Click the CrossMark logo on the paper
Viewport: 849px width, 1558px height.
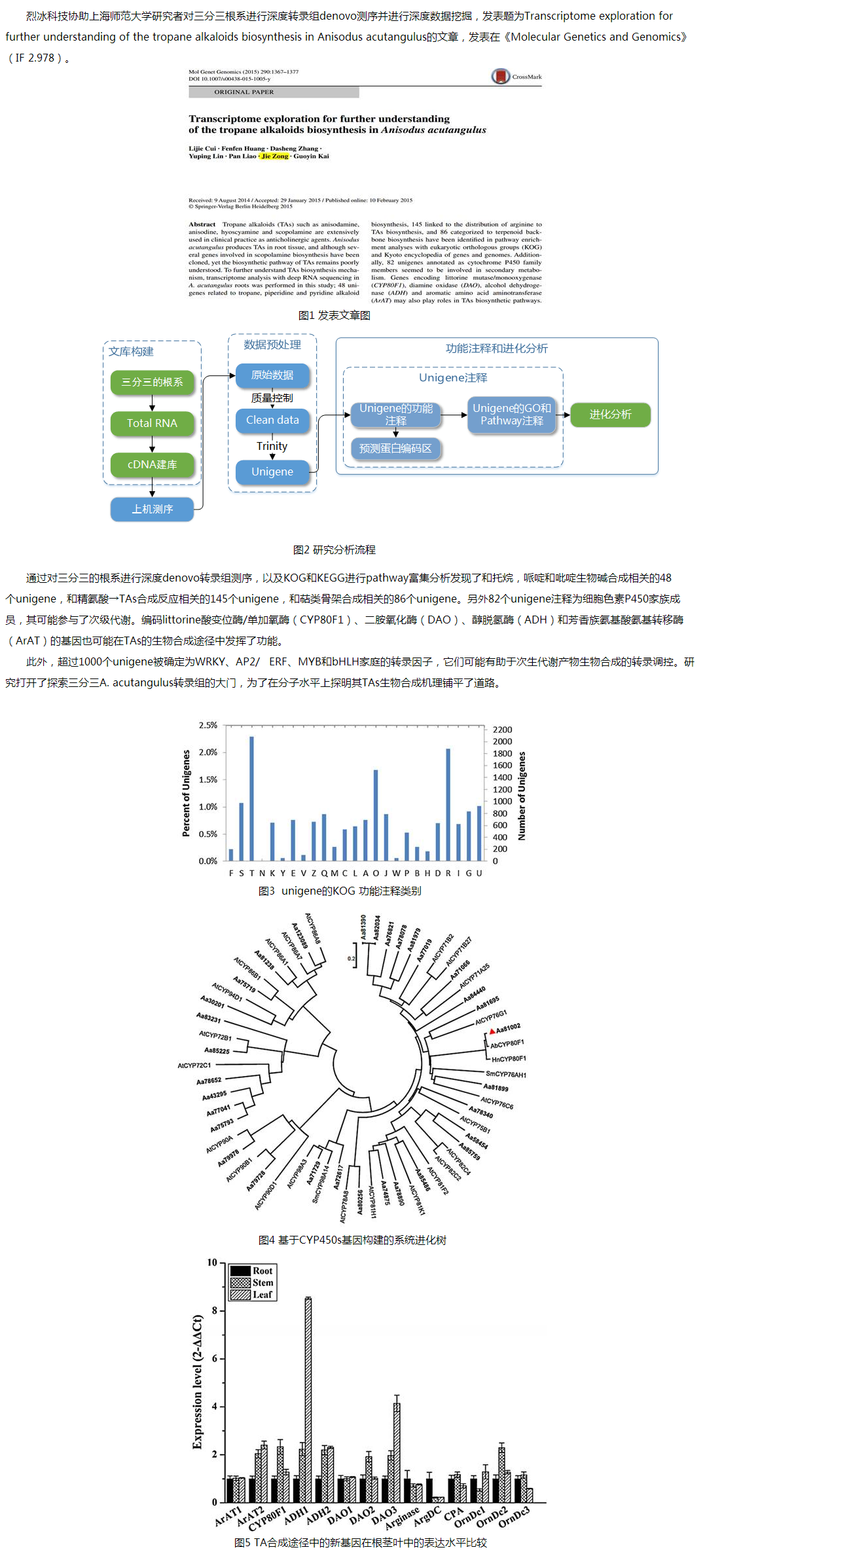point(501,77)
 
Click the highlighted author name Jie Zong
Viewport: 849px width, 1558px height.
point(275,156)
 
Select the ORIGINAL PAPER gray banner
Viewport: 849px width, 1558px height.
point(274,92)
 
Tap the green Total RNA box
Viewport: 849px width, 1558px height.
point(152,423)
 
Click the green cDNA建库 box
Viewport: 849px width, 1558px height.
point(152,464)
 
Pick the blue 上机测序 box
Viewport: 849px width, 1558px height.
point(152,509)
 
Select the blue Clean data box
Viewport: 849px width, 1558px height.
point(272,420)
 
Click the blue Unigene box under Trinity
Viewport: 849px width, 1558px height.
point(272,472)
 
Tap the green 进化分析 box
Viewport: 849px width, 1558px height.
point(610,414)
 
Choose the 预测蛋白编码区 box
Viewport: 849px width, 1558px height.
point(395,449)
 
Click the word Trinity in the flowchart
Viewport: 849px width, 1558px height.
point(272,446)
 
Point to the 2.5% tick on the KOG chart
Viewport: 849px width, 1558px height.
point(208,726)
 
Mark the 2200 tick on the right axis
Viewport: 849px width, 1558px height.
point(502,730)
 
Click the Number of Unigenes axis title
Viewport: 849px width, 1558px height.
point(522,796)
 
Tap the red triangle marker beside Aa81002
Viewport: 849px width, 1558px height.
point(492,1031)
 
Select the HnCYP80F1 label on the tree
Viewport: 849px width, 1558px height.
point(509,1059)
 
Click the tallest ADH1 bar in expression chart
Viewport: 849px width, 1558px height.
point(308,1399)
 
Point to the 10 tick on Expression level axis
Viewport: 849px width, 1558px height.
point(212,1263)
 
